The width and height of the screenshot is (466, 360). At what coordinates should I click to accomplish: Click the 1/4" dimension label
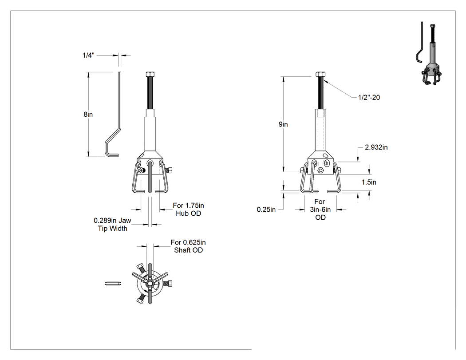click(88, 55)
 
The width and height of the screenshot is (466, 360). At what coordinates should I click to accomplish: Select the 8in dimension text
click(88, 115)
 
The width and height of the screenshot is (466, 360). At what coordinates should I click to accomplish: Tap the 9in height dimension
click(283, 124)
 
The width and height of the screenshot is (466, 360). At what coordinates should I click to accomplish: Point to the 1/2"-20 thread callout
click(369, 98)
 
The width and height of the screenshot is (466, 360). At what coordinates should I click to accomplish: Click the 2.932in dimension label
click(376, 147)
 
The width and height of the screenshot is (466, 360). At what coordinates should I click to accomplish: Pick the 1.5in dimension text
click(369, 182)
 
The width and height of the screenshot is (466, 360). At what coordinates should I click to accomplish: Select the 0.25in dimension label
click(266, 210)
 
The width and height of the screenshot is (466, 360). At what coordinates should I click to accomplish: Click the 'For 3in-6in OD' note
click(320, 210)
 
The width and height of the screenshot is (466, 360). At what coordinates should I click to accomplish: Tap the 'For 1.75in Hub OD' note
click(189, 210)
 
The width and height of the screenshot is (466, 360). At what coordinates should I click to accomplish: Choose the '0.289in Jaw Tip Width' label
click(112, 225)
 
